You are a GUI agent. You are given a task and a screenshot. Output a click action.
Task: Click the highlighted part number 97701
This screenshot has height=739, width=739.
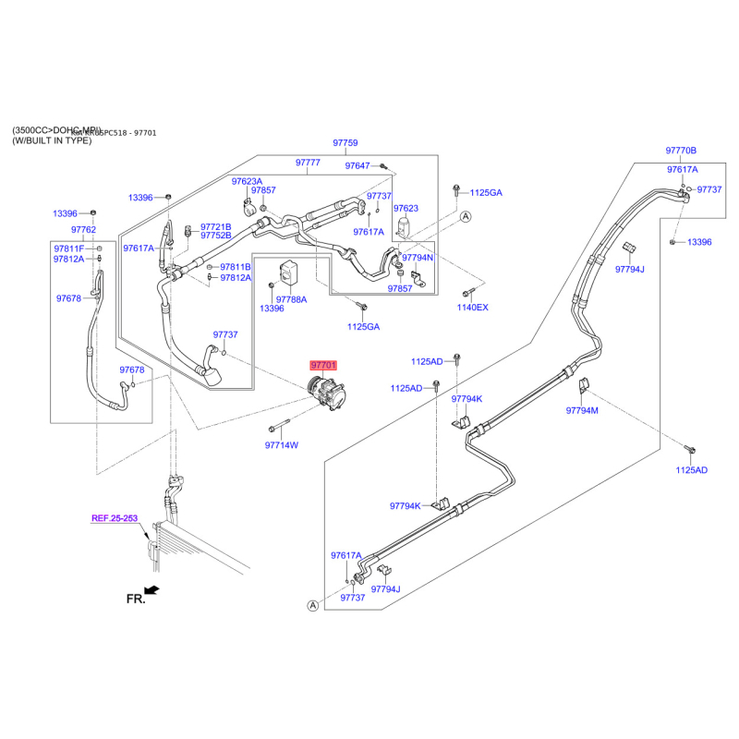tap(324, 366)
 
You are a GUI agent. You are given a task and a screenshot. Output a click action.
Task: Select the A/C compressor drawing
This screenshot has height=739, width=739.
tap(324, 396)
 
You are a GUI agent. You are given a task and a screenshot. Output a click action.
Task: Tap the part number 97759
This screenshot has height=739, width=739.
tap(345, 143)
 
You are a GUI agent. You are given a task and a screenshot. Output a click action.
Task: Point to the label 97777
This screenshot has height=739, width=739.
tap(308, 163)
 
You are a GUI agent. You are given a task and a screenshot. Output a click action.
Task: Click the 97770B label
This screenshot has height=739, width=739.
tap(681, 151)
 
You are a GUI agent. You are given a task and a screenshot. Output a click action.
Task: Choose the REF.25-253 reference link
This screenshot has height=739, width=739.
tap(115, 519)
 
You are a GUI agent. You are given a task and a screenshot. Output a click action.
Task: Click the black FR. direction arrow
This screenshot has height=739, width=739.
tap(152, 589)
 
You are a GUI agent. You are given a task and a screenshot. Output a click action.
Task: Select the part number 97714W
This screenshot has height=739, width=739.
tap(282, 445)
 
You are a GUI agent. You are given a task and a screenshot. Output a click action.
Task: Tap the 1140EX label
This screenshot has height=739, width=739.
tap(473, 307)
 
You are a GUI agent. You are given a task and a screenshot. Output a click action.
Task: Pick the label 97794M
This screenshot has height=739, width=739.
tap(583, 410)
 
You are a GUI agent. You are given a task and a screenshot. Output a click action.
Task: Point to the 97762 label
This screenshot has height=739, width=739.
tap(83, 230)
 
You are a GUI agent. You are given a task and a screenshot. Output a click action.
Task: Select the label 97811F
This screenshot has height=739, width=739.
tap(68, 249)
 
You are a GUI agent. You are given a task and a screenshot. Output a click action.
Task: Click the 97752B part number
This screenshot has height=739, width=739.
tap(216, 236)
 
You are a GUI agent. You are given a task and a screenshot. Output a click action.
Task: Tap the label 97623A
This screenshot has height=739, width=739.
tap(247, 181)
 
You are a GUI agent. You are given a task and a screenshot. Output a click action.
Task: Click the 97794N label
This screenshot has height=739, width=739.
tap(418, 258)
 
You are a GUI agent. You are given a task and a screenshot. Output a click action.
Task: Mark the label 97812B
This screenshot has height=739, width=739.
tap(236, 278)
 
